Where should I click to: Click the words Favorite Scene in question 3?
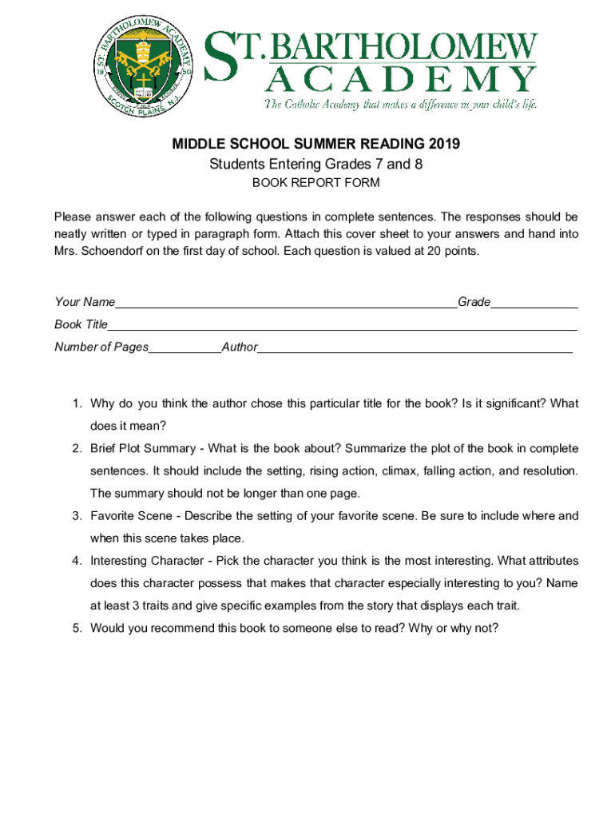133,516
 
